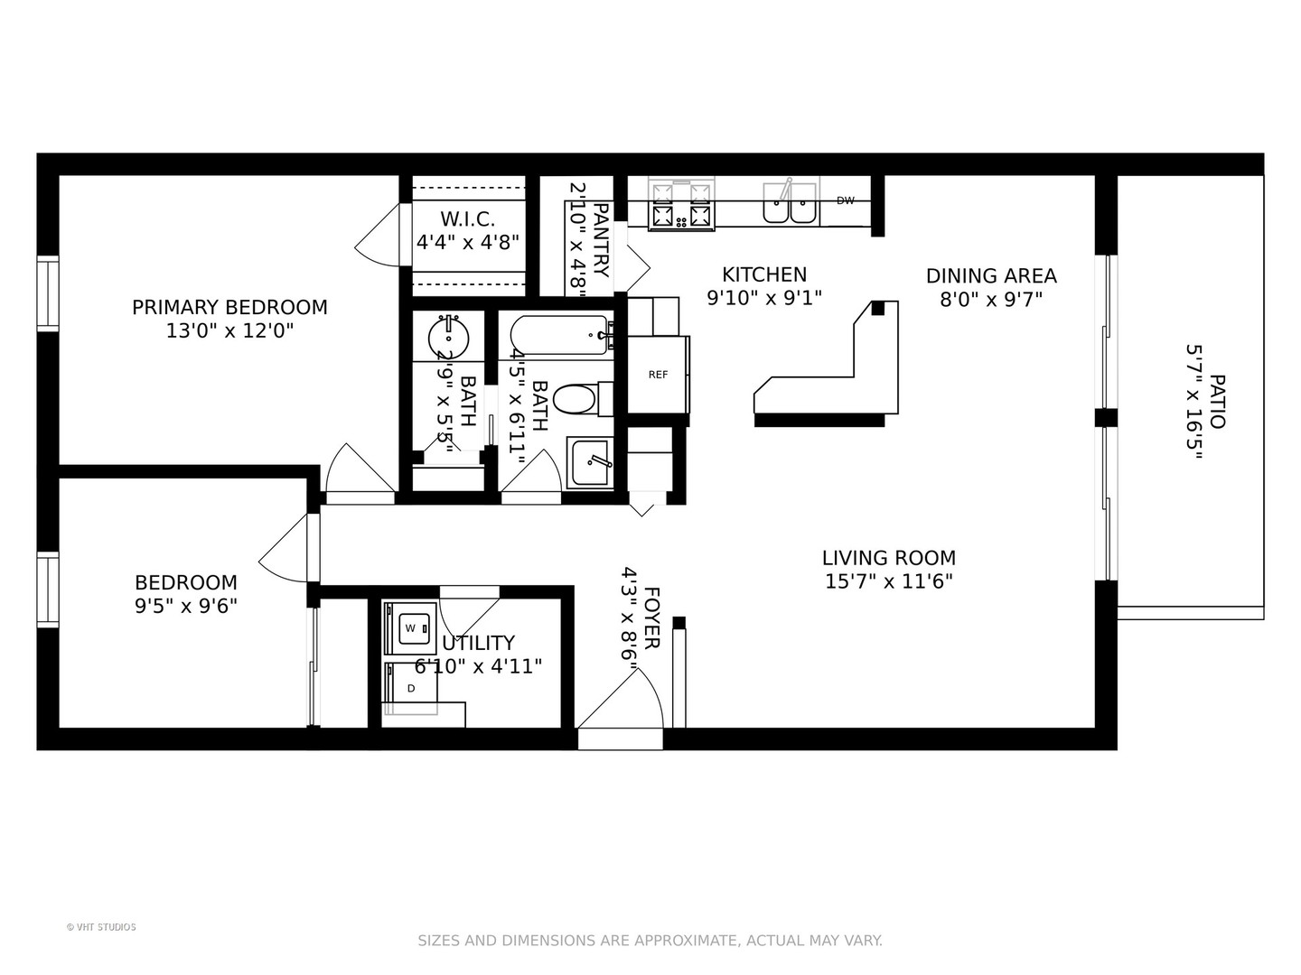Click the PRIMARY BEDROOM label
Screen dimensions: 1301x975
click(229, 307)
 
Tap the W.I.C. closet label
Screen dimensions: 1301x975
click(468, 219)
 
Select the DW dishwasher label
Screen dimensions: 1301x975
click(846, 200)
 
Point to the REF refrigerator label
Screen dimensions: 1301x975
click(658, 375)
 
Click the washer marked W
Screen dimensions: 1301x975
click(410, 628)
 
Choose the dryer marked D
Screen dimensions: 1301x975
click(410, 688)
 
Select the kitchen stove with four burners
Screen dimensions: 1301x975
click(681, 203)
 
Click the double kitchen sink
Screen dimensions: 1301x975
click(789, 203)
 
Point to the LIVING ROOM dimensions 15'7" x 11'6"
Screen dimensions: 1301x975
click(888, 581)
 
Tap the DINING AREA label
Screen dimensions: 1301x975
click(991, 276)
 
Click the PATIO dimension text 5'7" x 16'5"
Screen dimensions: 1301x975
click(1193, 402)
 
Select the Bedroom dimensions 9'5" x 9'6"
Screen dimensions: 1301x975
click(186, 606)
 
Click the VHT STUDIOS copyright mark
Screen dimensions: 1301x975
click(101, 927)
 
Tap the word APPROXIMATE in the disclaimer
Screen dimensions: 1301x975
click(687, 941)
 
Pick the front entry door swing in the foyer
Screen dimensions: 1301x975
click(620, 700)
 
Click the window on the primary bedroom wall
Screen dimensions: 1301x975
click(47, 293)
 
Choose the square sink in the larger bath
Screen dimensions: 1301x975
click(589, 463)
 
